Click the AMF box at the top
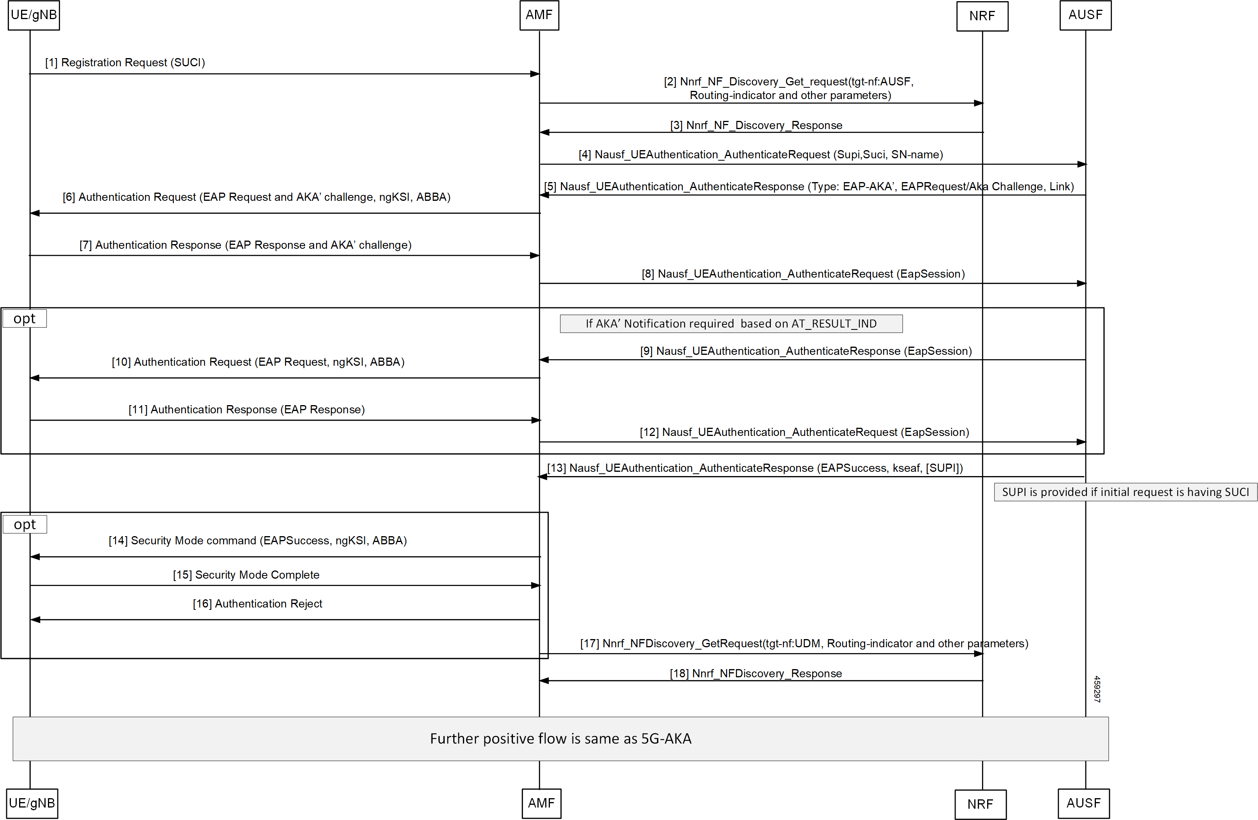point(539,15)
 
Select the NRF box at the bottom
point(981,804)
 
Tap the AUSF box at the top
point(1086,15)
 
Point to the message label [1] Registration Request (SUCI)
point(125,62)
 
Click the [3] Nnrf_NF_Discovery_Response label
point(756,125)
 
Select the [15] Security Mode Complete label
point(246,575)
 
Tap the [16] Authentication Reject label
point(258,604)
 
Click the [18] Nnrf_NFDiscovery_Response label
point(756,673)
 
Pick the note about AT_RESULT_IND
point(731,324)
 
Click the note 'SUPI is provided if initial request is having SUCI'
point(1125,492)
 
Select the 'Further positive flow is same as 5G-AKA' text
point(561,739)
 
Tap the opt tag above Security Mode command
point(25,524)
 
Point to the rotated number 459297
point(1097,689)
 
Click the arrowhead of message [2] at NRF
point(979,103)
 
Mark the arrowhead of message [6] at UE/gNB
point(35,213)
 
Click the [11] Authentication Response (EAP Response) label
point(247,410)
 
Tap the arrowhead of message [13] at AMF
point(543,476)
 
